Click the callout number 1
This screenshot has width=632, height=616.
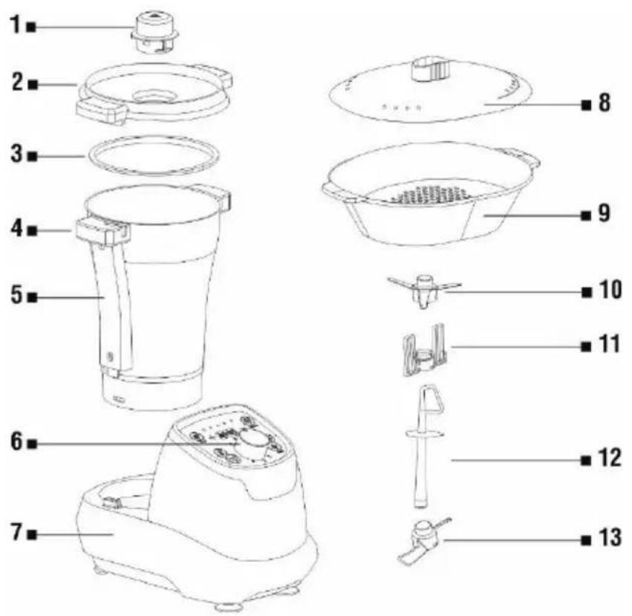[x=16, y=25]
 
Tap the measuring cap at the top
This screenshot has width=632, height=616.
[x=155, y=32]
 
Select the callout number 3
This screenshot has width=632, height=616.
[x=17, y=154]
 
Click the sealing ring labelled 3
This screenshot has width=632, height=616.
[x=154, y=156]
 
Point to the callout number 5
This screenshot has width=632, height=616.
[x=17, y=294]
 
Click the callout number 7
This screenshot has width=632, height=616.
[x=16, y=532]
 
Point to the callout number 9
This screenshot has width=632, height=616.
[x=604, y=213]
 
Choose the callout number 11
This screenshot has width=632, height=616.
[x=610, y=344]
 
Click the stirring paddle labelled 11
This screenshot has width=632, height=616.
[x=424, y=349]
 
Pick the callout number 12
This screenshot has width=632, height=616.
[x=610, y=458]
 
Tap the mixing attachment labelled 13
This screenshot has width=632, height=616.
[x=424, y=539]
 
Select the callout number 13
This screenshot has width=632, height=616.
[x=610, y=537]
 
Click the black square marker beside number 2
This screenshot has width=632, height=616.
[x=33, y=85]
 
